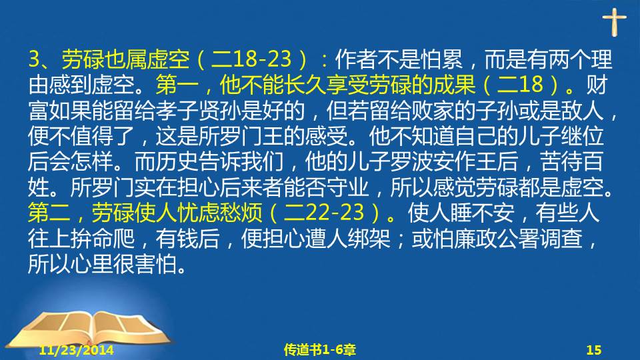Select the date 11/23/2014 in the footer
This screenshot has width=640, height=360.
76,350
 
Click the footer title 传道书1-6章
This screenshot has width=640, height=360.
319,350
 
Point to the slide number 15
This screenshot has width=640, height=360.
594,350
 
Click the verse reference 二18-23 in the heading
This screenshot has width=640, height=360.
251,59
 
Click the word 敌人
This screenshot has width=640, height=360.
583,110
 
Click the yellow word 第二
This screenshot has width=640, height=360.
49,213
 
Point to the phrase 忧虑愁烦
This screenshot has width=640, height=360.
219,213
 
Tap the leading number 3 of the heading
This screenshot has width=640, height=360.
34,59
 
